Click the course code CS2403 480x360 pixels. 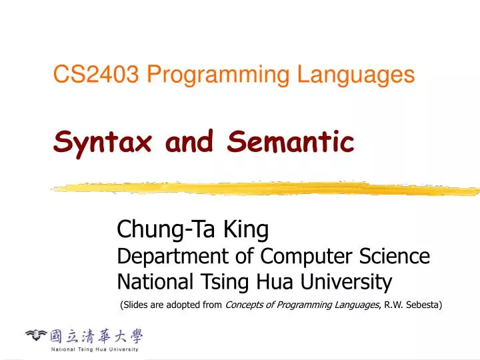click(96, 75)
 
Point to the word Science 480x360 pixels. click(393, 256)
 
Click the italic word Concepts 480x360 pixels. click(246, 305)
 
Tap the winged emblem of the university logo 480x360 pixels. click(36, 335)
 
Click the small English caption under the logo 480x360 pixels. click(95, 349)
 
